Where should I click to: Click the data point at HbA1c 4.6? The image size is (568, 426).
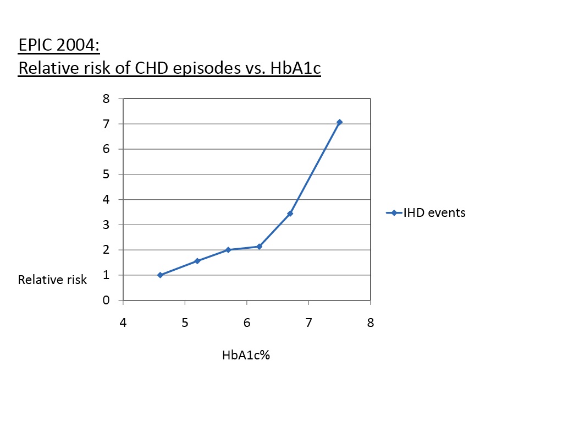(x=160, y=275)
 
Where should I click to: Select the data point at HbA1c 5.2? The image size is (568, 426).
(x=197, y=261)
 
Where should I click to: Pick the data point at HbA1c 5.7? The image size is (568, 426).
(x=228, y=250)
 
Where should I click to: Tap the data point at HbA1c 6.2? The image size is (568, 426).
(x=259, y=247)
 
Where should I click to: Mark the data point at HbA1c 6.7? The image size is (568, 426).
(x=290, y=214)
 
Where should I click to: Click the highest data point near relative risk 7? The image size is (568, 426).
(x=339, y=122)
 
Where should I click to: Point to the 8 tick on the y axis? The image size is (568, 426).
(x=106, y=99)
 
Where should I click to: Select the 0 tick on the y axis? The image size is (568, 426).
(x=106, y=301)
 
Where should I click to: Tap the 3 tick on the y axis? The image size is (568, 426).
(x=106, y=225)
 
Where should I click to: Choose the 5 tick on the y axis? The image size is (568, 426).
(x=106, y=174)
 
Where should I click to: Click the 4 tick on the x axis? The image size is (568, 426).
(x=123, y=323)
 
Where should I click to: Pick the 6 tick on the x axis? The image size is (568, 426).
(x=247, y=323)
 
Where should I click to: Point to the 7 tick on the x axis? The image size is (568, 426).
(x=308, y=323)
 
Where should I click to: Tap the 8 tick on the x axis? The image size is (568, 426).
(x=371, y=323)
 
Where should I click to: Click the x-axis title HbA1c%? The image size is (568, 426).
(x=246, y=355)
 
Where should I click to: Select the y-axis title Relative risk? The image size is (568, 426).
(x=52, y=280)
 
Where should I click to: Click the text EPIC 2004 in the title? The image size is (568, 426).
(x=59, y=46)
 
